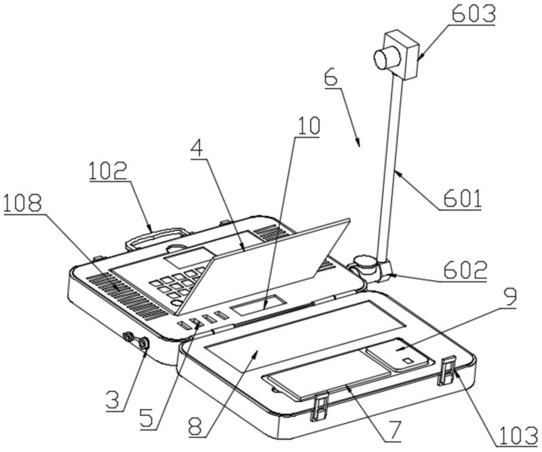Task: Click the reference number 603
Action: coord(474,14)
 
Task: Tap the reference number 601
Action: coord(462,199)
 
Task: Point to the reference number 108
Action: coord(22,204)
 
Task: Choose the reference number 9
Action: coord(509,297)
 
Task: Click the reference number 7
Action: coord(393,431)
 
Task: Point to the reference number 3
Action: coord(113,400)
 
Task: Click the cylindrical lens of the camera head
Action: coord(387,57)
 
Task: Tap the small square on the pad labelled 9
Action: coord(408,361)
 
